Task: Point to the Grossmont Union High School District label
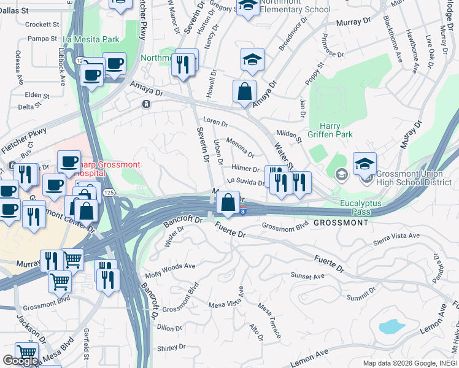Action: (412, 177)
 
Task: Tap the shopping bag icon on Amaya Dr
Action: (244, 92)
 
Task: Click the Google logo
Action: (20, 360)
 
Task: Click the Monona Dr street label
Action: (241, 147)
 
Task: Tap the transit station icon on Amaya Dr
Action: (146, 104)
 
